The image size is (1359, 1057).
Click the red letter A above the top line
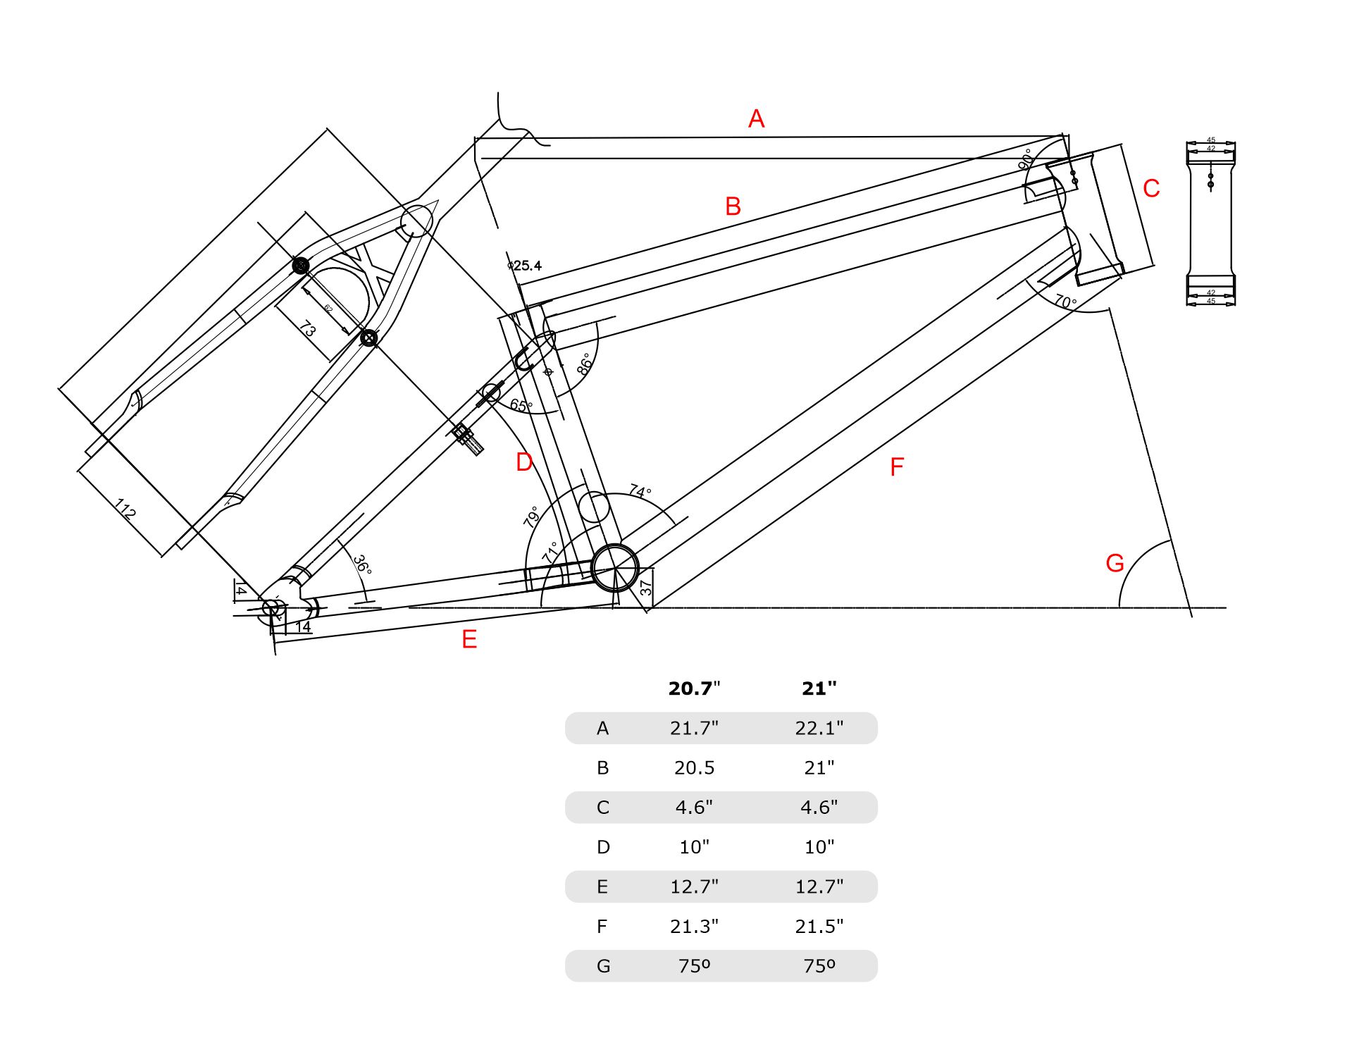(756, 118)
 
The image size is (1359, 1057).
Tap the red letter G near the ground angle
(1115, 563)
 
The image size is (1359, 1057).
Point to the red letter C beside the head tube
(1151, 188)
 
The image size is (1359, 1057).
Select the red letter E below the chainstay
(469, 639)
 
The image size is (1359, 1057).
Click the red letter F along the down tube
(896, 466)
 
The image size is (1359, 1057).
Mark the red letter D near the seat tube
(524, 462)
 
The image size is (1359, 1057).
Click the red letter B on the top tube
(733, 206)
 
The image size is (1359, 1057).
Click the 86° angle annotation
(585, 364)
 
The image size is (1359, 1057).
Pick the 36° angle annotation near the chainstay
(362, 564)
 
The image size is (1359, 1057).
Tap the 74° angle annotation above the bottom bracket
(640, 490)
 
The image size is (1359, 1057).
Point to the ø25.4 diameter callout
(525, 266)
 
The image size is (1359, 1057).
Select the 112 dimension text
(125, 509)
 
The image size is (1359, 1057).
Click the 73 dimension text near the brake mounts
(308, 328)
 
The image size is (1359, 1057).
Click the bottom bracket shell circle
(614, 567)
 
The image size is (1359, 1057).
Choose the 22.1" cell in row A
(819, 728)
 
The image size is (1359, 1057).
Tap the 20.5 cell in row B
(694, 767)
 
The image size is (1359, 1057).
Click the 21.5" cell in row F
(819, 926)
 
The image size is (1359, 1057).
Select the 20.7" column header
(694, 688)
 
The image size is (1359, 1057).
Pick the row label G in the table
(603, 966)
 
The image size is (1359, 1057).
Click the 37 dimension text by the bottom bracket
(646, 587)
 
